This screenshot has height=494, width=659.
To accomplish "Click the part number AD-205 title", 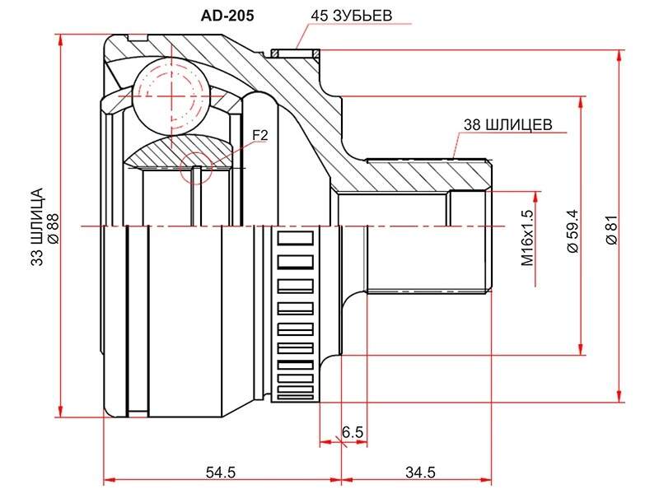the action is coord(227,16).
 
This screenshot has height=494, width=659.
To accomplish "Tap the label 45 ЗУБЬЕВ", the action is coord(352,16).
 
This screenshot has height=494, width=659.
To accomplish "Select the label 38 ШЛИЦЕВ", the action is coord(507,124).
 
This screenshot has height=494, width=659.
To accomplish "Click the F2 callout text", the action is coord(259,135).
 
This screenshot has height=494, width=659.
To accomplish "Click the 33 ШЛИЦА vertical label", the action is coord(37,227).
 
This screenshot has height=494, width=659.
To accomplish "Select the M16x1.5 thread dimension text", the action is coord(527,238).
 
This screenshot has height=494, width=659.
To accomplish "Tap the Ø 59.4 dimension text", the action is coord(573,231).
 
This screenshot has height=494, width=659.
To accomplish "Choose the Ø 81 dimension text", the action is coord(611,230).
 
